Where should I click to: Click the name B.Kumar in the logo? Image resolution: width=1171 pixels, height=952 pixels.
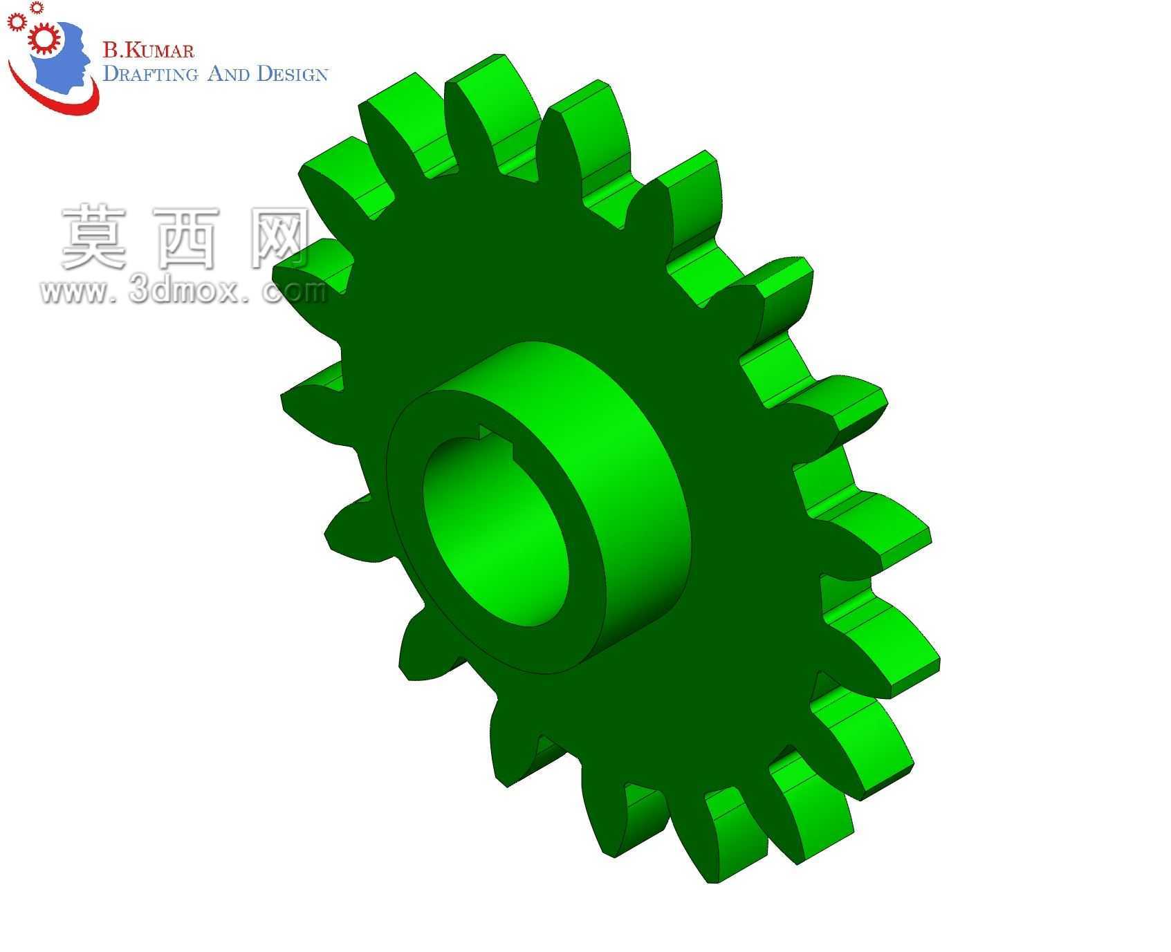coord(149,50)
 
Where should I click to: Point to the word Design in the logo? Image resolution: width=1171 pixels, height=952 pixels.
coord(292,73)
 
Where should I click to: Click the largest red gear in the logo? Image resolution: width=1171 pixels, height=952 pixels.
coord(44,39)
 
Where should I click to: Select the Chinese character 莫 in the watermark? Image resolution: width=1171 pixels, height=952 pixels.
coord(94,237)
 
